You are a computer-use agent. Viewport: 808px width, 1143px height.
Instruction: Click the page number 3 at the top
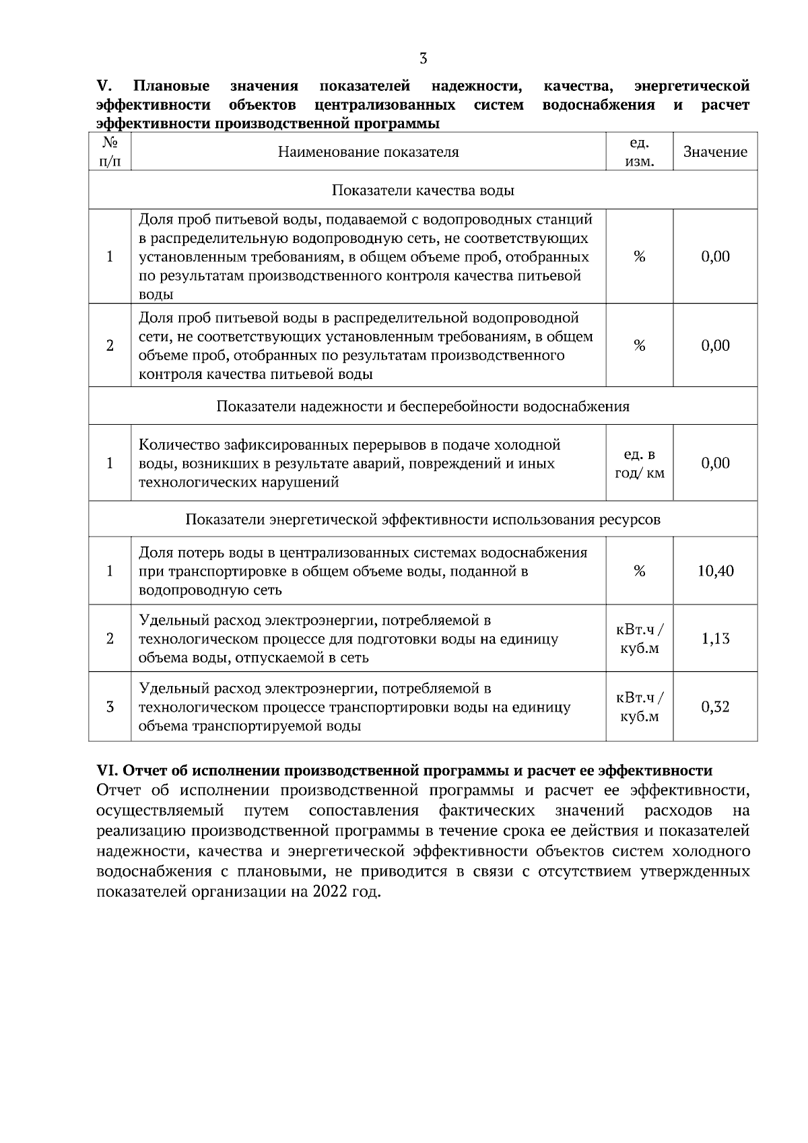click(x=423, y=59)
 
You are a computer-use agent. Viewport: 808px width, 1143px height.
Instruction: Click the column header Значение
click(x=715, y=152)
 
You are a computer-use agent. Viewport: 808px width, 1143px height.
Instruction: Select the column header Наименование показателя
click(x=368, y=152)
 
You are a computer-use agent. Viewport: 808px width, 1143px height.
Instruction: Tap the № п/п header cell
click(x=110, y=152)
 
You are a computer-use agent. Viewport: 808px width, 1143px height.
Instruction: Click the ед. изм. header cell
click(x=639, y=152)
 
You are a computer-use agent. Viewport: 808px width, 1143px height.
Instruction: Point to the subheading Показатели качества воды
click(x=423, y=190)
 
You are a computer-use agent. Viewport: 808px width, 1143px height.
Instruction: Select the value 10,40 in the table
click(x=715, y=571)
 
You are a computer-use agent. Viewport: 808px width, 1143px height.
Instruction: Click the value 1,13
click(x=715, y=639)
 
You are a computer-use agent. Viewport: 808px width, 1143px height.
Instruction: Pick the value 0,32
click(x=715, y=707)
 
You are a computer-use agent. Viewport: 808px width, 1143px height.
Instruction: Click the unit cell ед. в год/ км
click(x=639, y=463)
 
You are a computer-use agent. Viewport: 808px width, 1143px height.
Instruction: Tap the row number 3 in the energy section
click(x=110, y=707)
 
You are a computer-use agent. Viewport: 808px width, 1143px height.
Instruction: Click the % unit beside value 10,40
click(x=639, y=571)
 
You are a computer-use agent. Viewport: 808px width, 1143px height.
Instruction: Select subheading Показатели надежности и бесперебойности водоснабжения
click(x=423, y=407)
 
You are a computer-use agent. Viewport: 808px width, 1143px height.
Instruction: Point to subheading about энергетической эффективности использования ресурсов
click(x=423, y=520)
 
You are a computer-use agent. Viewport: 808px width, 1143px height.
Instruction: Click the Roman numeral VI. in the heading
click(x=108, y=771)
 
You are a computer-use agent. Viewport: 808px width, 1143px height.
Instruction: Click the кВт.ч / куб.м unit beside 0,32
click(x=639, y=707)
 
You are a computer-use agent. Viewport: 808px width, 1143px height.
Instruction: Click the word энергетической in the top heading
click(x=692, y=86)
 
